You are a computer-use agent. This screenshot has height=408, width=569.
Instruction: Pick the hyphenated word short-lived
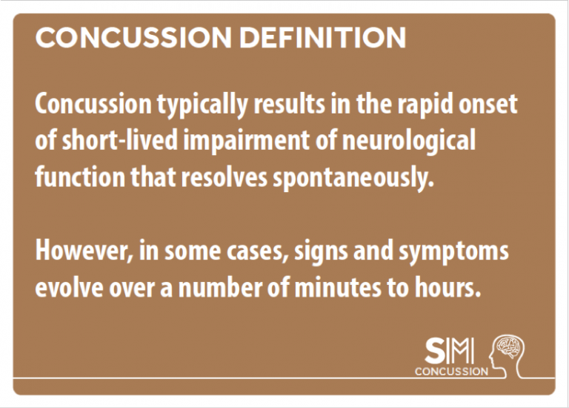tap(98, 141)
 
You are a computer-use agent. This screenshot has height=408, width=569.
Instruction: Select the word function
tap(70, 177)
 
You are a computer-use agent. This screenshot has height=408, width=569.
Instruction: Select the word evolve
tap(65, 287)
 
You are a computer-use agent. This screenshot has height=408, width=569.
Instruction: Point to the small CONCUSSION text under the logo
tap(451, 372)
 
